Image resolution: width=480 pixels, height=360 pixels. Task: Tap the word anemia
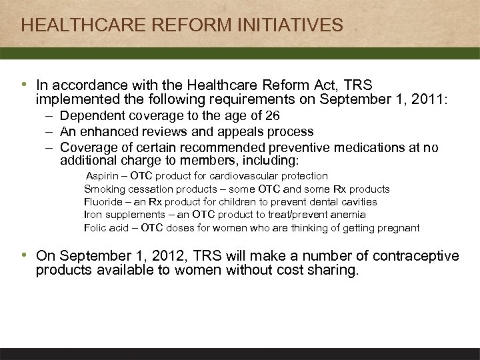click(348, 215)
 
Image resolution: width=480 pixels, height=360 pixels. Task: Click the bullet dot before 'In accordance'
click(25, 85)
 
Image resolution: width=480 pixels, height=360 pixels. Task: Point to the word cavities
click(358, 201)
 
